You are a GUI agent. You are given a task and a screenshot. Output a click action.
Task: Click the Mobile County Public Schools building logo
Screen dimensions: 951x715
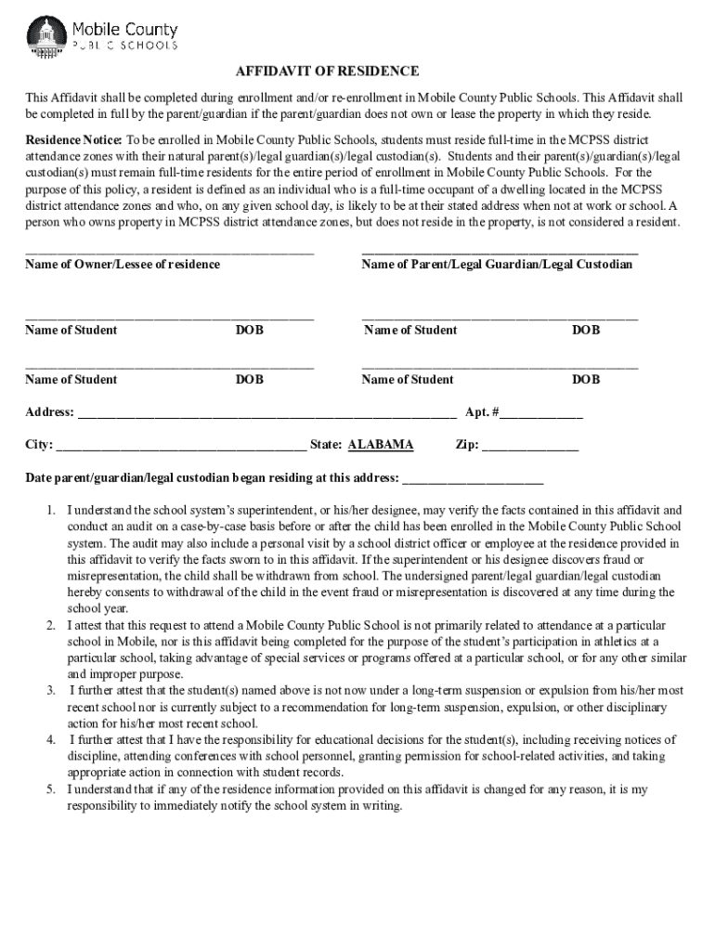click(45, 36)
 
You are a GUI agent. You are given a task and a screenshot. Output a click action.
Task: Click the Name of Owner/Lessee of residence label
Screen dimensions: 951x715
click(123, 265)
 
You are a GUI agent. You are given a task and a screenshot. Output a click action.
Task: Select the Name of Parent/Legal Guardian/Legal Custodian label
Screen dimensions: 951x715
click(497, 265)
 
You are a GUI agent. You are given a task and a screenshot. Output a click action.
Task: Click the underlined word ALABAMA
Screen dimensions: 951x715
click(381, 445)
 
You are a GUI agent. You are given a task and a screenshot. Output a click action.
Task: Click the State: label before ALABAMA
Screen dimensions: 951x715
click(326, 445)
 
